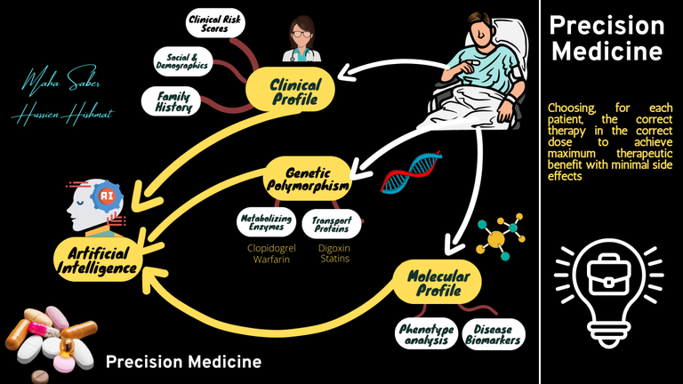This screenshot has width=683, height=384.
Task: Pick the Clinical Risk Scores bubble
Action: click(x=216, y=23)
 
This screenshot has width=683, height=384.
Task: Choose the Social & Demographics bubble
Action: click(x=181, y=60)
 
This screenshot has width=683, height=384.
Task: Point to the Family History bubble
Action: click(x=175, y=100)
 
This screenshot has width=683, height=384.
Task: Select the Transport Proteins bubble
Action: click(x=332, y=222)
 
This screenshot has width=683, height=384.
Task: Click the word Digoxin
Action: click(x=333, y=248)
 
